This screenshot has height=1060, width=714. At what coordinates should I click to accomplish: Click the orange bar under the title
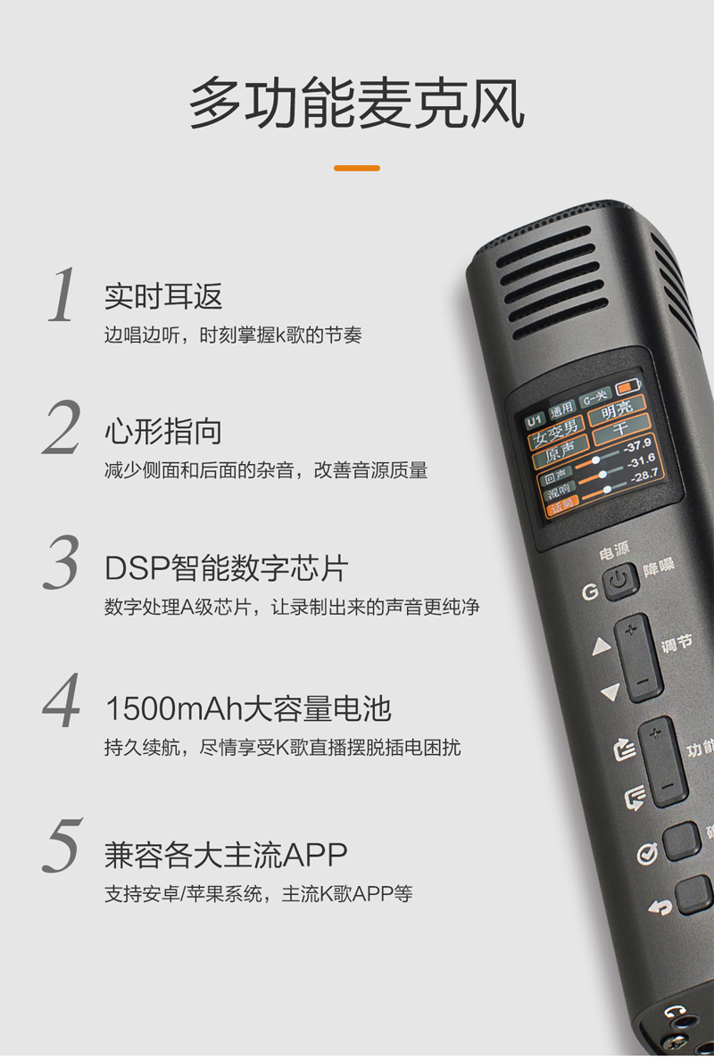(356, 168)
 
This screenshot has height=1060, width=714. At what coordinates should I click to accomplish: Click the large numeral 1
(62, 294)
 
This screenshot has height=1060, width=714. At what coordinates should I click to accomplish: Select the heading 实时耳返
(163, 296)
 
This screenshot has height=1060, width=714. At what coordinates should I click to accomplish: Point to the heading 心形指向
(163, 432)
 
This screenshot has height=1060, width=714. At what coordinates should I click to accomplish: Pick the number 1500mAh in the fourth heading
(169, 708)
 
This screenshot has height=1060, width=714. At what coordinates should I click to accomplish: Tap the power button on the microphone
(621, 583)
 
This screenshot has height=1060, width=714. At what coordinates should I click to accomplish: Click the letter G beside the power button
(590, 592)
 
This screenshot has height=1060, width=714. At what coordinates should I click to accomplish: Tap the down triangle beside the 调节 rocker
(610, 691)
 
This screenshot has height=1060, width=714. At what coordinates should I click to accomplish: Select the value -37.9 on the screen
(637, 445)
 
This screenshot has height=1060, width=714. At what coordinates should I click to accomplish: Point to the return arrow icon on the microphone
(660, 907)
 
